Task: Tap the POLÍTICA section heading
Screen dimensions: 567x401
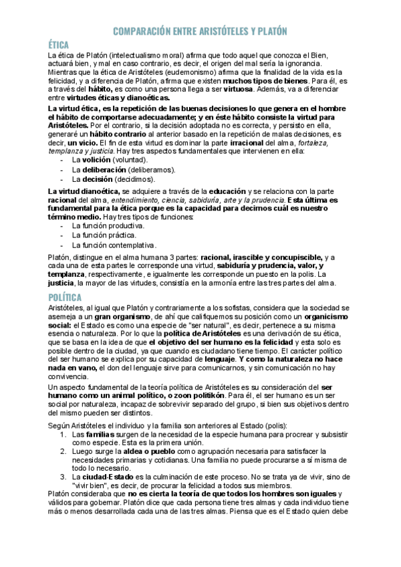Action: pyautogui.click(x=64, y=297)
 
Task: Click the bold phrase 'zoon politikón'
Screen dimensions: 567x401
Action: pyautogui.click(x=225, y=396)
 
